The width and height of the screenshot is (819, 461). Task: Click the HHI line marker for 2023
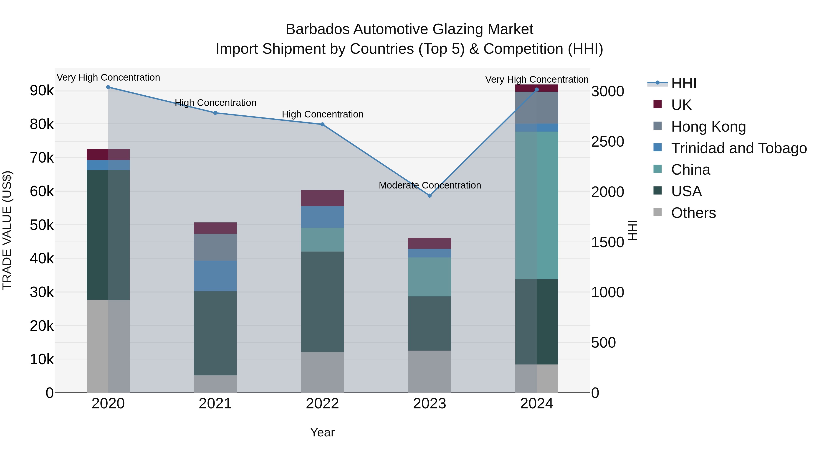pos(430,196)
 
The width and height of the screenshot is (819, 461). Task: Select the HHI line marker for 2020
pos(108,87)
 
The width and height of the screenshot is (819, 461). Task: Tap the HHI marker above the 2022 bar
pos(322,124)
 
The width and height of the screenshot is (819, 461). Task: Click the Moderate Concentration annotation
pos(430,185)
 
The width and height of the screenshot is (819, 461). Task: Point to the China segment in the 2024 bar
pos(537,205)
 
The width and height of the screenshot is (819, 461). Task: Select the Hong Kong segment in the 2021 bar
pos(215,247)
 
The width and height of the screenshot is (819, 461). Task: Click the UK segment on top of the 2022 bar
pos(322,198)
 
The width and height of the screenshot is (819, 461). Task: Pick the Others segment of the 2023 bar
pos(430,371)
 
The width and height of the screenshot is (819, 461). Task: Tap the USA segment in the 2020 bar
pos(108,235)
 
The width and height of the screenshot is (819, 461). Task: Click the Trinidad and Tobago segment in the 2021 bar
pos(215,276)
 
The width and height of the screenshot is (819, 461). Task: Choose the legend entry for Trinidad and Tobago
pos(738,148)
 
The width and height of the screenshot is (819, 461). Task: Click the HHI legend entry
pos(684,83)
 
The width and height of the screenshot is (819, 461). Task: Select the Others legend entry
pos(693,213)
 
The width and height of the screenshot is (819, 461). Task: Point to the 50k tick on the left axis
pos(42,225)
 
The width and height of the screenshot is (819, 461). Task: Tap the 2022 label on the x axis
pos(322,404)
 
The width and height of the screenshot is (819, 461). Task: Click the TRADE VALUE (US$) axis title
pos(7,230)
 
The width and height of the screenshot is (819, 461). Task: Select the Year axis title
pos(322,432)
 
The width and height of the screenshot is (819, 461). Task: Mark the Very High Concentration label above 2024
pos(537,79)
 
